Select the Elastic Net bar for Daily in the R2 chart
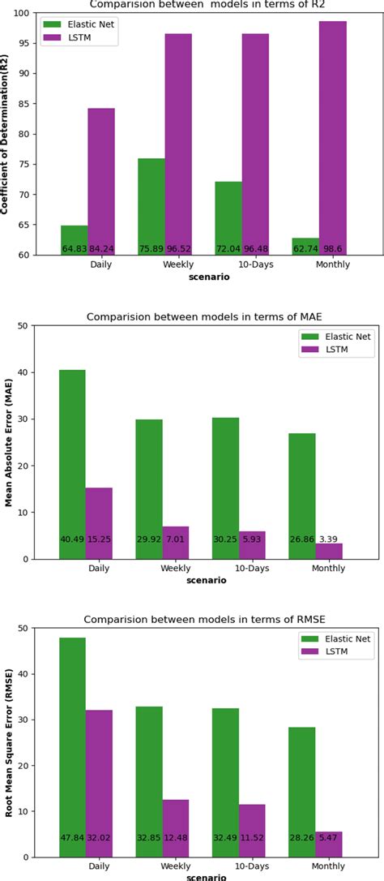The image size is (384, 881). pyautogui.click(x=74, y=240)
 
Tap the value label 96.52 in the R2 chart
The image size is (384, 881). pyautogui.click(x=178, y=248)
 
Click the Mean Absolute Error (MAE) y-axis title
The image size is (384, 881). pyautogui.click(x=9, y=442)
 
